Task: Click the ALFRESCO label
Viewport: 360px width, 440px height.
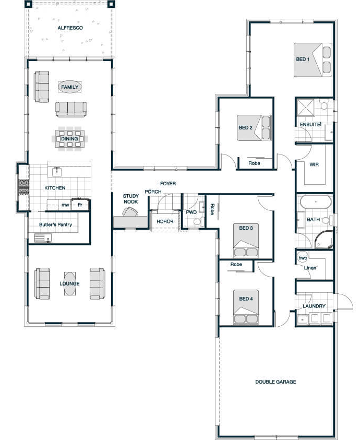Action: (x=70, y=28)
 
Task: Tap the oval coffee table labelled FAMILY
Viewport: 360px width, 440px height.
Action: (x=70, y=87)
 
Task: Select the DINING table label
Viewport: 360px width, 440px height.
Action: (x=69, y=139)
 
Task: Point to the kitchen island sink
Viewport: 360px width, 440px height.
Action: (x=57, y=171)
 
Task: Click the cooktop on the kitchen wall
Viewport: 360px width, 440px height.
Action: (x=24, y=187)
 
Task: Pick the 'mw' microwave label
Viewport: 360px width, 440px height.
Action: (x=65, y=205)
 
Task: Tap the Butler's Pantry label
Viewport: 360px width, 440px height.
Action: (x=55, y=224)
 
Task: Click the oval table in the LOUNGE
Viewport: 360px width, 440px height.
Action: (x=69, y=283)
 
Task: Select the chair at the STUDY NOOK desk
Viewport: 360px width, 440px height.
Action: (x=130, y=212)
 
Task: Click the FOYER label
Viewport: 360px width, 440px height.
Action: (x=168, y=184)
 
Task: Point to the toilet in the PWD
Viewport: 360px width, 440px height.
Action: (x=198, y=222)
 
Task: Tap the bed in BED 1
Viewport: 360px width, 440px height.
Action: (x=313, y=60)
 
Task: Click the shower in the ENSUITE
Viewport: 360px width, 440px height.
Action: (x=306, y=107)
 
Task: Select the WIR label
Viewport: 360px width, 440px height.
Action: (x=314, y=164)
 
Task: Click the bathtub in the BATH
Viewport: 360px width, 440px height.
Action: (x=316, y=201)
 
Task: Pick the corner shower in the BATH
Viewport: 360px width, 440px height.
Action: (x=324, y=240)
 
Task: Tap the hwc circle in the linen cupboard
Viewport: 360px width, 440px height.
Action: (x=303, y=258)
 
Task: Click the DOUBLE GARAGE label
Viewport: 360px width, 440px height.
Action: (x=275, y=382)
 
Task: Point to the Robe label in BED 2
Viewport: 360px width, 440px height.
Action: (x=254, y=163)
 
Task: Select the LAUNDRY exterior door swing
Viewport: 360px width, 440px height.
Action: (x=344, y=301)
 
